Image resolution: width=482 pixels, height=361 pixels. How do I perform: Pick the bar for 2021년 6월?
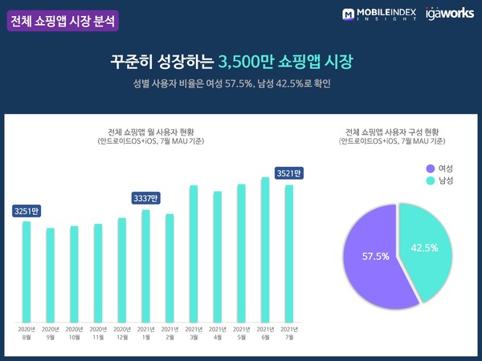pyautogui.click(x=265, y=249)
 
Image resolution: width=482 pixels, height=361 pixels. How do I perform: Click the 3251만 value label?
pyautogui.click(x=26, y=211)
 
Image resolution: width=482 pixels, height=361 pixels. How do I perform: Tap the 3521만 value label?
pyautogui.click(x=288, y=172)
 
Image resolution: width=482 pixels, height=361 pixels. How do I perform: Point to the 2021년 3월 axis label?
pyautogui.click(x=194, y=333)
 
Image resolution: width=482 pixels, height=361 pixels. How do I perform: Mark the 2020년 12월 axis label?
pyautogui.click(x=121, y=333)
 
